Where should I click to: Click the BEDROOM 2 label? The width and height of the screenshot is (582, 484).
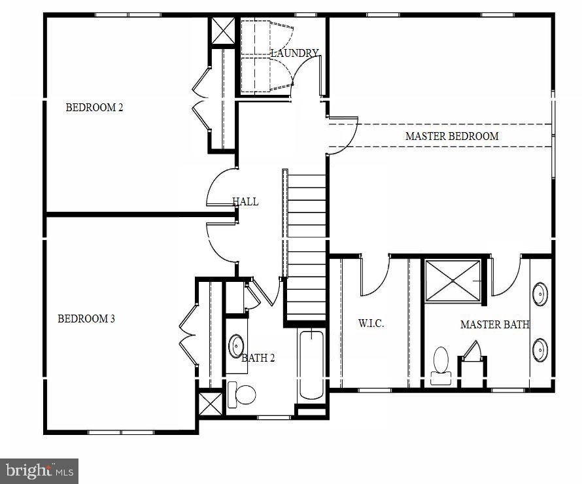[94, 107]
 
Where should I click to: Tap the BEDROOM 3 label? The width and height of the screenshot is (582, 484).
[86, 319]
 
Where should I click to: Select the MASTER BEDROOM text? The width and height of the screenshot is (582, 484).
[452, 136]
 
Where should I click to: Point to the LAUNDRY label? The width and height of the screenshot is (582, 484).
[295, 53]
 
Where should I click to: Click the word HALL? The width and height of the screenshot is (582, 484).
[245, 201]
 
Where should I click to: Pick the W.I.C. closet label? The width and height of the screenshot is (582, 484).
[371, 324]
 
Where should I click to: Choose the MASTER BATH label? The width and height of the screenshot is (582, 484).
[494, 324]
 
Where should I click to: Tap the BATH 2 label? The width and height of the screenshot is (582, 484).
[258, 358]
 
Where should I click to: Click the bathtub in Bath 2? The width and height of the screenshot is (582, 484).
[311, 366]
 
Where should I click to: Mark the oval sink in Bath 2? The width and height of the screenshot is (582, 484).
[235, 344]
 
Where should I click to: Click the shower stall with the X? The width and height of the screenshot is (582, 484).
[453, 281]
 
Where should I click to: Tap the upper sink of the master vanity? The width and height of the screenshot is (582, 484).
[540, 294]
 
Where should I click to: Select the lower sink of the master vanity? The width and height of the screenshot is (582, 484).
[540, 350]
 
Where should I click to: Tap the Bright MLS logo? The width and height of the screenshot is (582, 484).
[39, 470]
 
